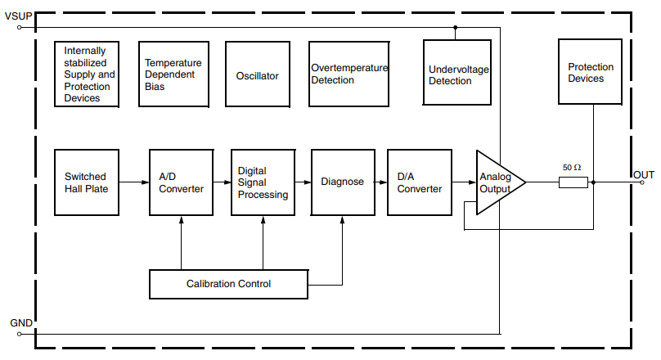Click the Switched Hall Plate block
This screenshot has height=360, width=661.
point(86,182)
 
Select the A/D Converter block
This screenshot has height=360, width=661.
point(181,182)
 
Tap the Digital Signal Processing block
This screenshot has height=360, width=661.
point(263,182)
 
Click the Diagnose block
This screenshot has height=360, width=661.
point(343,182)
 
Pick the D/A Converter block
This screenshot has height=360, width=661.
point(419,182)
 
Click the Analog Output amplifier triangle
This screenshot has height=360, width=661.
point(497,182)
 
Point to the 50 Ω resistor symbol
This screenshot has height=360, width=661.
point(573,182)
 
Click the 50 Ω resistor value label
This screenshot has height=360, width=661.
point(572,167)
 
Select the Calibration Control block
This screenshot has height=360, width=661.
point(228,284)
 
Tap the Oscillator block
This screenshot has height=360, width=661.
point(257,76)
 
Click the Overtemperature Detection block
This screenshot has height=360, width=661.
point(348,74)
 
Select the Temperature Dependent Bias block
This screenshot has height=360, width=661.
point(172,74)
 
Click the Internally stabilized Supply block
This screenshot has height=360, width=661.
point(86,74)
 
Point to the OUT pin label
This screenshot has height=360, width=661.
point(643,174)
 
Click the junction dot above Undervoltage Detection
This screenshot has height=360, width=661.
point(456,27)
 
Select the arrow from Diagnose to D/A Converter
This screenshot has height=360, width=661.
point(381,182)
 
